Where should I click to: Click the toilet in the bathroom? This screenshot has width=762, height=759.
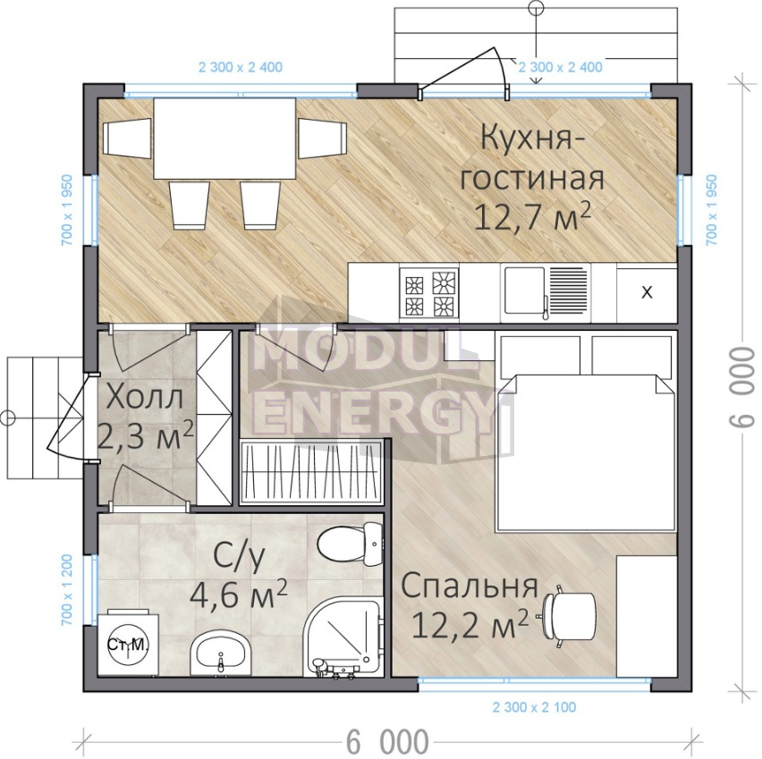pos(351,544)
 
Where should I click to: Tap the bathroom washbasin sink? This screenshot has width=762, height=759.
pos(220,654)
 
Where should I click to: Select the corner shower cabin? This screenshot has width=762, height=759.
pos(343,638)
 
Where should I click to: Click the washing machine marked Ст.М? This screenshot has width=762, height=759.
pos(128,645)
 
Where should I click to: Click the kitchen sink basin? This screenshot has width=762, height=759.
pos(525,291)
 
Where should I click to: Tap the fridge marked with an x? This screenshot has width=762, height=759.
pos(647,293)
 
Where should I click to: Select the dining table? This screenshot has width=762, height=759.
pos(224,139)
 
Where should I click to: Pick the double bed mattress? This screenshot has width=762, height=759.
pos(585,451)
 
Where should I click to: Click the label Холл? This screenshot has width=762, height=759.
pos(145,398)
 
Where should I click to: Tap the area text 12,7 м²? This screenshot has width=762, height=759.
pos(532,216)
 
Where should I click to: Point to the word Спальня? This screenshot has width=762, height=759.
pos(470,586)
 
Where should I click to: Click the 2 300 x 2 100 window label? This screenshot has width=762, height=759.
pos(534,707)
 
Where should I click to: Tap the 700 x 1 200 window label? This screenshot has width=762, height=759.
pos(66,590)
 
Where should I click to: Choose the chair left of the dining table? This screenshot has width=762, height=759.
pos(127,138)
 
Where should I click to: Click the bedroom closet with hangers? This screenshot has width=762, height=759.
pos(311,471)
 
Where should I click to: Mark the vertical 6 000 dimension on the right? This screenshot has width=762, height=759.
pos(742,387)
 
